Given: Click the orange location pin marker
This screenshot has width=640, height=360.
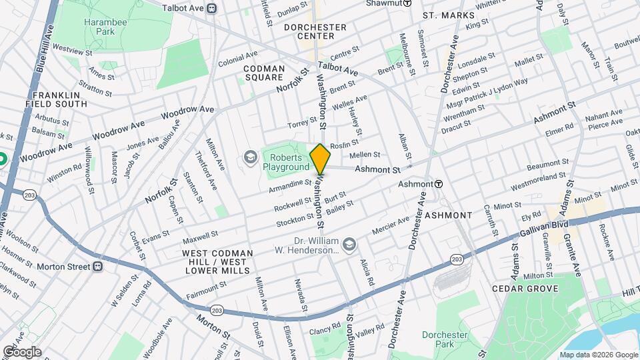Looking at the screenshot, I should pyautogui.click(x=320, y=159).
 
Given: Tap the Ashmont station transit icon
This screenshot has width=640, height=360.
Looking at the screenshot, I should pyautogui.click(x=439, y=183).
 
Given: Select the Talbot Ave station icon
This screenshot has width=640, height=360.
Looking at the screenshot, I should pyautogui.click(x=211, y=9).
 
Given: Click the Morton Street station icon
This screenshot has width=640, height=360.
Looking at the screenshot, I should pyautogui.click(x=97, y=266).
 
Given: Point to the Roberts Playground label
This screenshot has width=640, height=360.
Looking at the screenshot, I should pyautogui.click(x=286, y=162).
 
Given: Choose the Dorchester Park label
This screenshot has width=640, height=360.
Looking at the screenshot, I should pyautogui.click(x=438, y=340).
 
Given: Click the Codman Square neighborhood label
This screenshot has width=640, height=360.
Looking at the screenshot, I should pyautogui.click(x=264, y=73).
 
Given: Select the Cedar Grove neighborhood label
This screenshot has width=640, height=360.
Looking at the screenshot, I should pyautogui.click(x=524, y=289).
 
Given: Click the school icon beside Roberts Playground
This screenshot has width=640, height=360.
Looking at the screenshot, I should pyautogui.click(x=250, y=157).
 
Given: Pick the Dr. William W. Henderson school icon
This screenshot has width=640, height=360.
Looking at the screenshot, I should pyautogui.click(x=348, y=245).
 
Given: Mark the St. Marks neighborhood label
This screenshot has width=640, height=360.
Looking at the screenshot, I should pyautogui.click(x=449, y=15).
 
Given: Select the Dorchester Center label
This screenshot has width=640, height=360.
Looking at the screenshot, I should pyautogui.click(x=315, y=31).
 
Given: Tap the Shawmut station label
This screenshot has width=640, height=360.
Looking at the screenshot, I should pyautogui.click(x=383, y=3).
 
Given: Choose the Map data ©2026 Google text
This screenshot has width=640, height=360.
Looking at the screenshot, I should pyautogui.click(x=599, y=355).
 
